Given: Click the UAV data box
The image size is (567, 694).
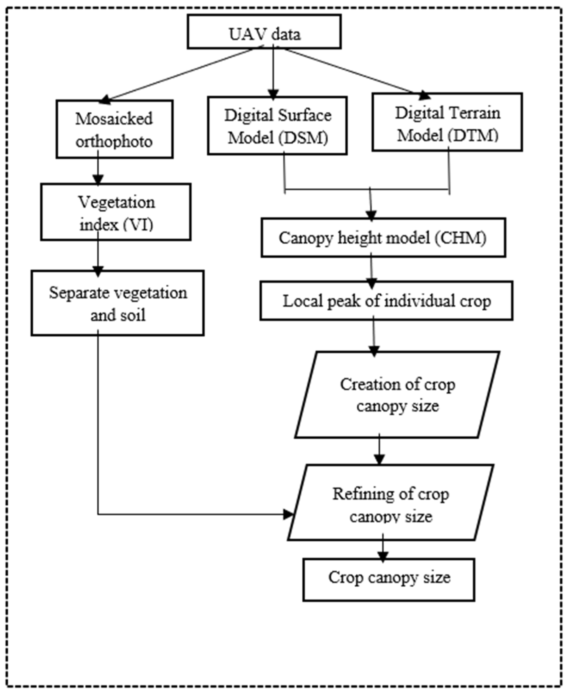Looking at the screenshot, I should click(264, 32).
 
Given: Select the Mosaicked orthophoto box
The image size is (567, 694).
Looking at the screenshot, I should click(114, 129).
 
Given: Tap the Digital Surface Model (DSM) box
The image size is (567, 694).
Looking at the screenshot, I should click(277, 126).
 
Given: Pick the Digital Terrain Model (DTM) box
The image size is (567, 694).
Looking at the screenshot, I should click(447, 122).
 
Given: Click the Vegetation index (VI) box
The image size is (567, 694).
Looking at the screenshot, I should click(116, 212).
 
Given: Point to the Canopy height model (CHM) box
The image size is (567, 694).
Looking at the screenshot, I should click(383, 237).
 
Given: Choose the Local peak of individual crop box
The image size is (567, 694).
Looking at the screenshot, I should click(386, 301).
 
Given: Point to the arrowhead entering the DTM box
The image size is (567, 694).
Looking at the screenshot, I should click(425, 95).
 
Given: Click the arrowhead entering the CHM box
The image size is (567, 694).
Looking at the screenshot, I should click(371, 215).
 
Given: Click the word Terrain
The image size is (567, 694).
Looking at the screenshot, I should click(474, 113).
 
